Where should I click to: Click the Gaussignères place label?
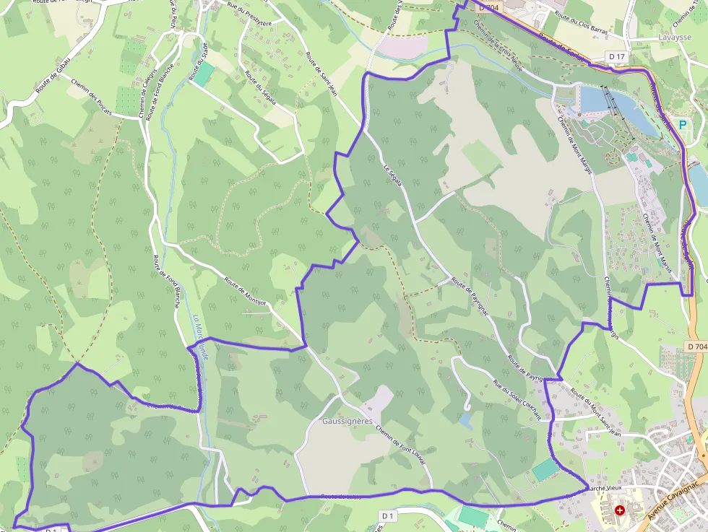347,420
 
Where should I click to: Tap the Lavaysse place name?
675,37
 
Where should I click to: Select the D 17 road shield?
616,56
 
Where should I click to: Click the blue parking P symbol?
681,124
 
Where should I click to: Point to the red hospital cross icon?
620,510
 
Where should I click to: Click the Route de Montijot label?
246,292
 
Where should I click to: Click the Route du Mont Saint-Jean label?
596,411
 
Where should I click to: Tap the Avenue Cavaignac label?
675,498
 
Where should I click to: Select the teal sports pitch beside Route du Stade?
204,73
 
